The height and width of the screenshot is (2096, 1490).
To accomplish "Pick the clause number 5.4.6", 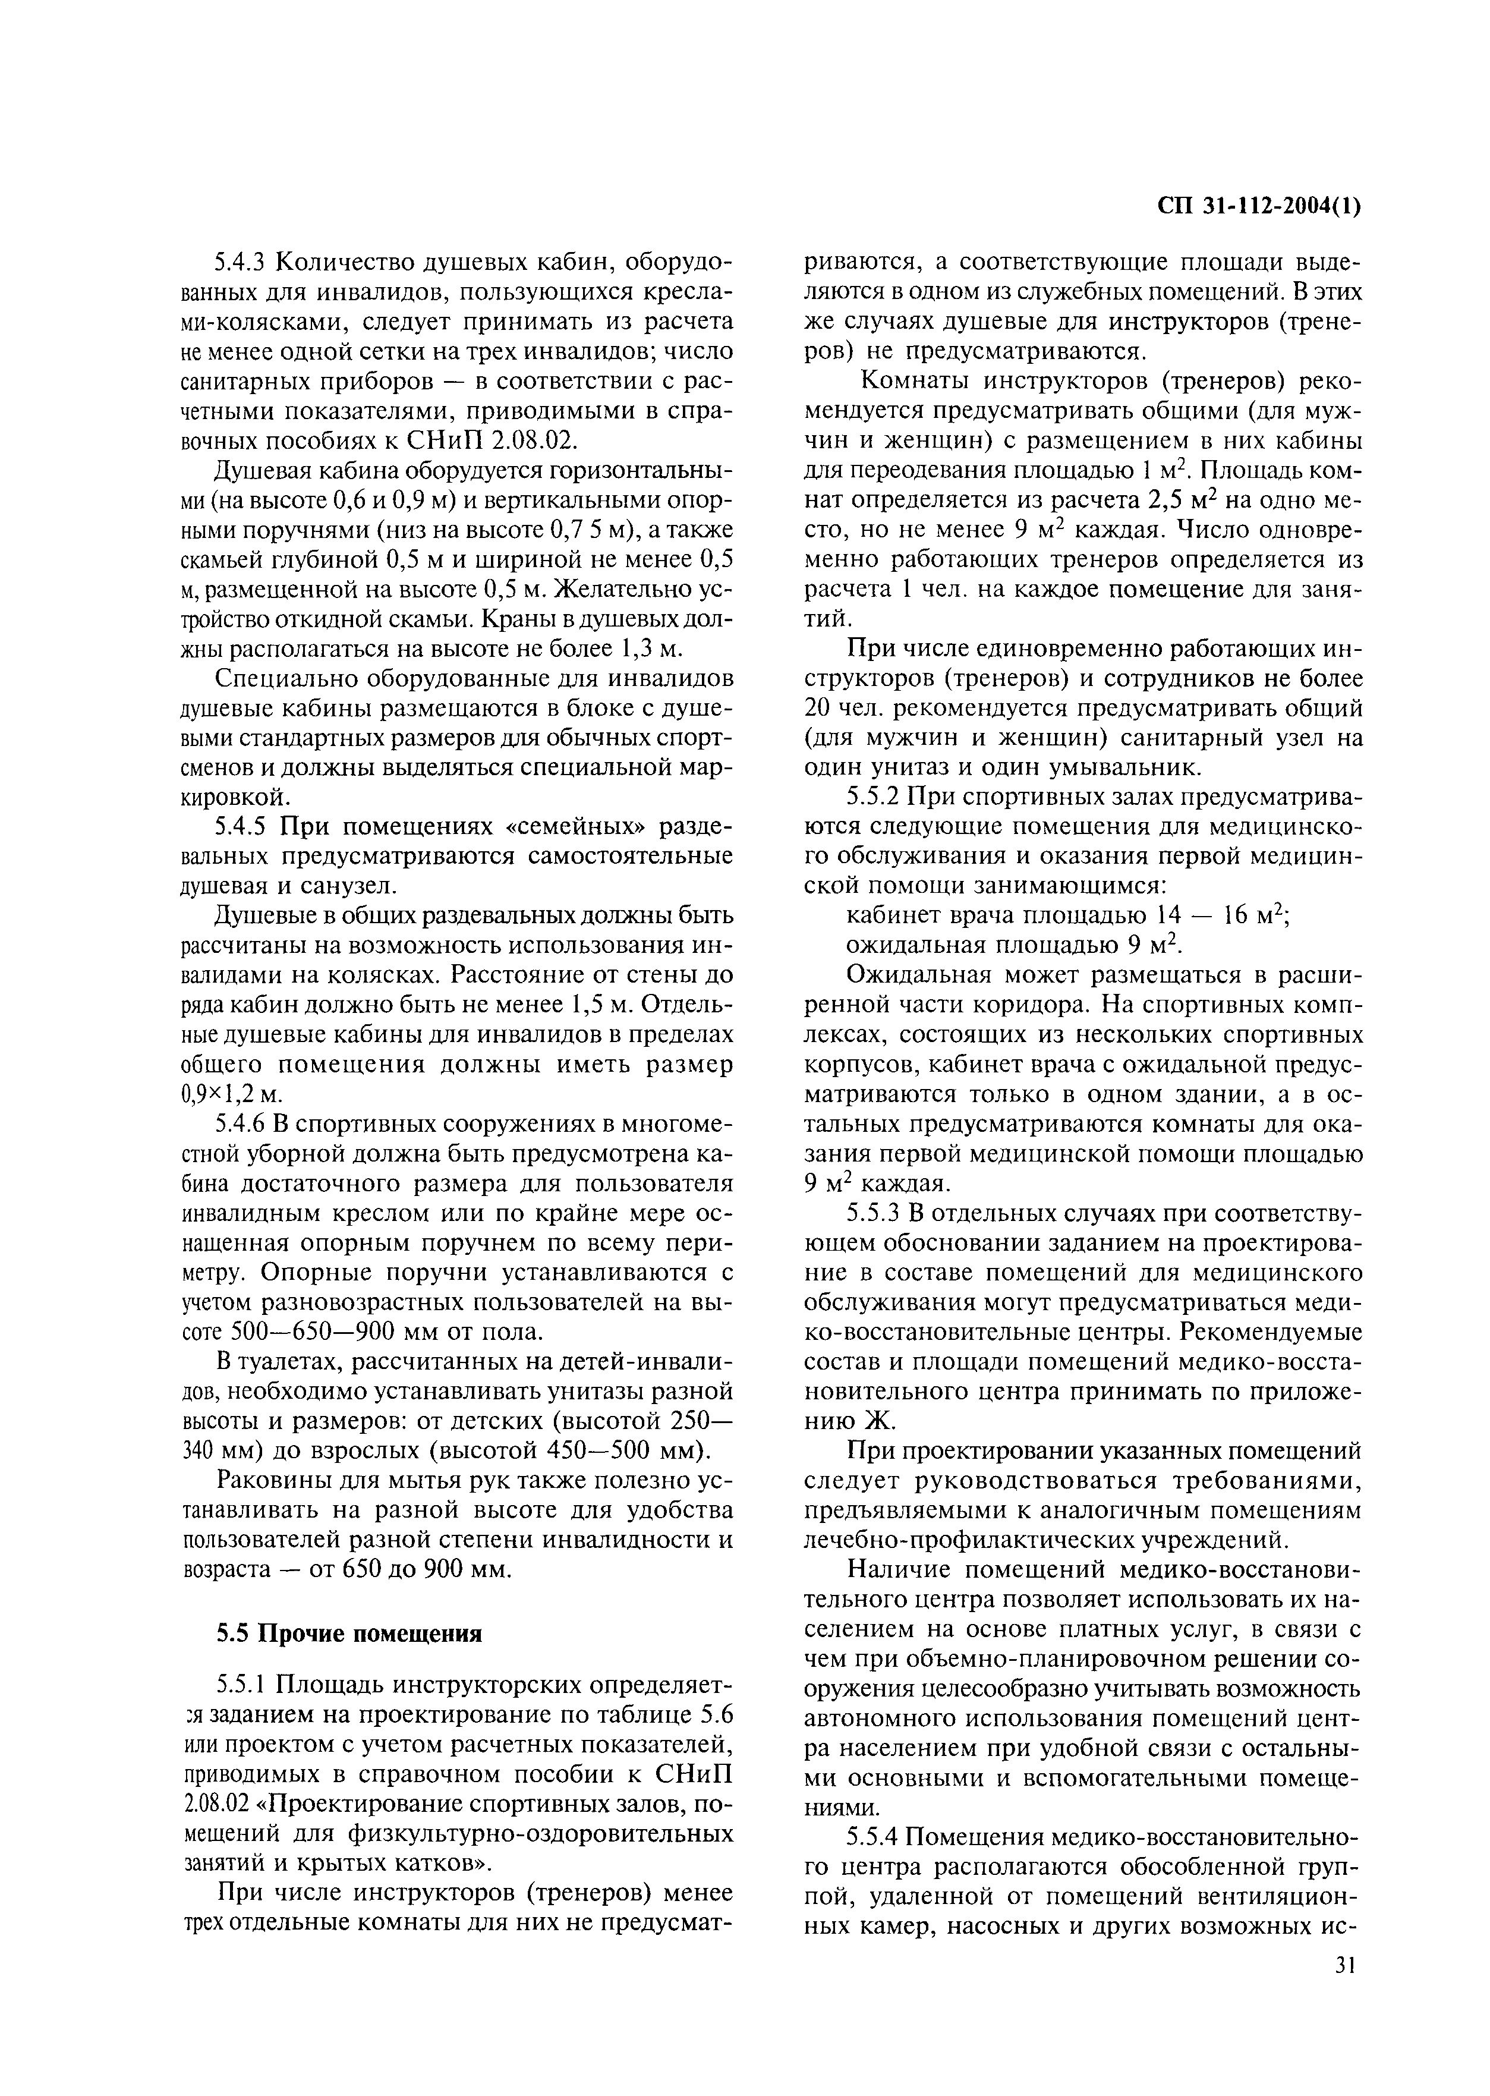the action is click(243, 1124).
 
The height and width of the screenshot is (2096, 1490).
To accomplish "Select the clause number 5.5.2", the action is click(874, 798).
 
